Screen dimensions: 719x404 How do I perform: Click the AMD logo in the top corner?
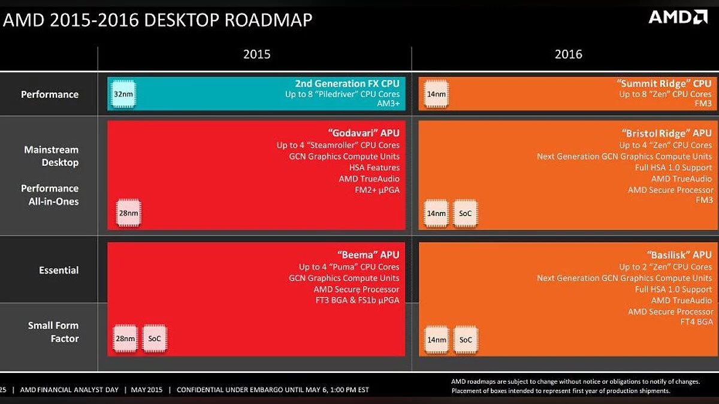click(x=678, y=17)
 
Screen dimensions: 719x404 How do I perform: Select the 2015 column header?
click(x=257, y=54)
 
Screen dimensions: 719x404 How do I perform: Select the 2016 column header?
click(x=569, y=54)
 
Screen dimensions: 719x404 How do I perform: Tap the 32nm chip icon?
click(x=123, y=94)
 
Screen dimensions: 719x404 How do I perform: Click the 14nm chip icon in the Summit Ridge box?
click(x=436, y=94)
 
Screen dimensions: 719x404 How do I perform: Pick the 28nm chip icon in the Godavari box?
click(x=128, y=213)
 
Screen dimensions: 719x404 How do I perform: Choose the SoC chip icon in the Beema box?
click(x=155, y=339)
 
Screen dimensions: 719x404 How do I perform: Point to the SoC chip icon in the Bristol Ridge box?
click(x=465, y=213)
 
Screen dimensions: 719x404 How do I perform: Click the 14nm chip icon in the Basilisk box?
click(x=437, y=340)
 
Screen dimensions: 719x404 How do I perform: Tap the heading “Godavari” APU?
click(x=364, y=133)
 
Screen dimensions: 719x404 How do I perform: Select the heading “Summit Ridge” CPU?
click(x=664, y=83)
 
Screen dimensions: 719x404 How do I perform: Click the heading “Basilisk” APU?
click(x=679, y=255)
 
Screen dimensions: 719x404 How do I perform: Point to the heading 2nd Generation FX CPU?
click(x=348, y=83)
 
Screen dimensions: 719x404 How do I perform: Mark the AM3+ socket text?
click(x=388, y=104)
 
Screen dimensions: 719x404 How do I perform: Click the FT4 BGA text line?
click(x=696, y=321)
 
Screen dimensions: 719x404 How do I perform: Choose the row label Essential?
click(x=59, y=271)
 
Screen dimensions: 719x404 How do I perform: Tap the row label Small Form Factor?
click(x=53, y=332)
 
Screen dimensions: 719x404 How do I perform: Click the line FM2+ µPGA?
click(x=377, y=190)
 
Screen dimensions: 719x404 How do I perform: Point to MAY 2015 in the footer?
click(x=147, y=390)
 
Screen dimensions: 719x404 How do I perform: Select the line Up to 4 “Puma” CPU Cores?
click(x=349, y=267)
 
